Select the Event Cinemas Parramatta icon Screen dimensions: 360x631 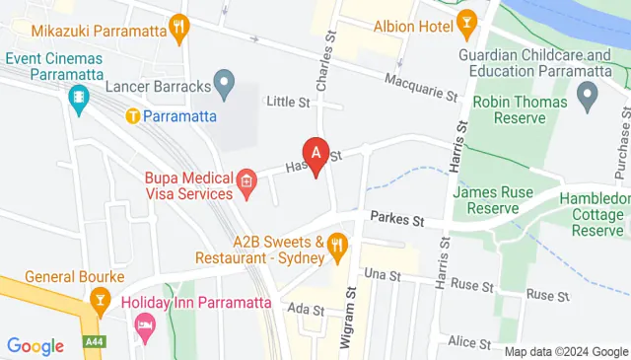79,97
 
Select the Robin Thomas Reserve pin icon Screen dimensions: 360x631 589,95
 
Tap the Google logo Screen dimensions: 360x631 35,345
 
